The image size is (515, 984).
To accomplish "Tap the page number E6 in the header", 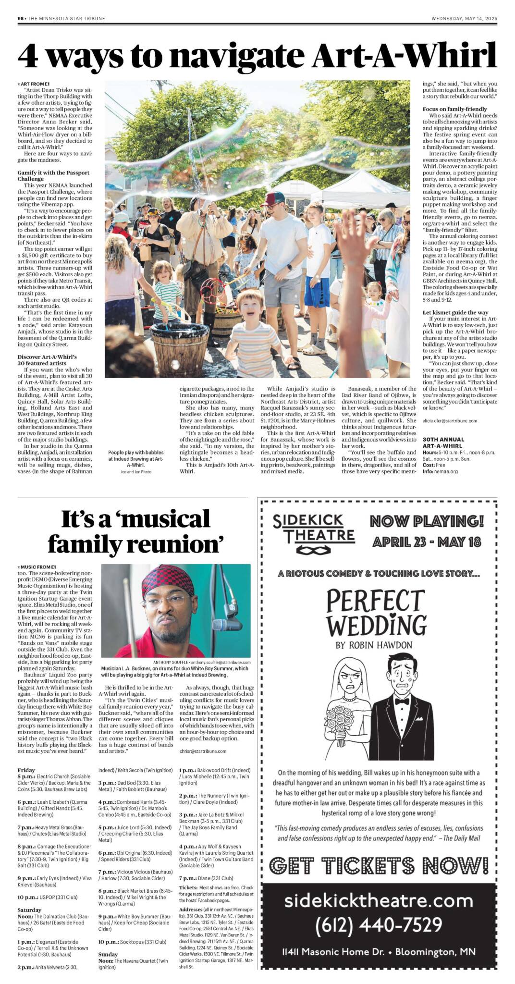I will coord(21,19).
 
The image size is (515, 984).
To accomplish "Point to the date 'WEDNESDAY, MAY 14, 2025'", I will coord(464,19).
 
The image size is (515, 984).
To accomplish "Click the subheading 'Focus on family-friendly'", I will coord(454,109).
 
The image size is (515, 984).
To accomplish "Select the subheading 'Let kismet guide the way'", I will coord(455,312).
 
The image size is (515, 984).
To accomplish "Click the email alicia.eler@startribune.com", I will coord(450,420).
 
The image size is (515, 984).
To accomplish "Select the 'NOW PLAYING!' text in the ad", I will coord(427,521).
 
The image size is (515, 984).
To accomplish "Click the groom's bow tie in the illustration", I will coord(402,701).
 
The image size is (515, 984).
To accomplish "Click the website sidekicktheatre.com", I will coord(379,900).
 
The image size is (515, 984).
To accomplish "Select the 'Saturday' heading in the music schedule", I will coord(29,910).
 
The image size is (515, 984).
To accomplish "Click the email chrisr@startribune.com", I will coord(202,750).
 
